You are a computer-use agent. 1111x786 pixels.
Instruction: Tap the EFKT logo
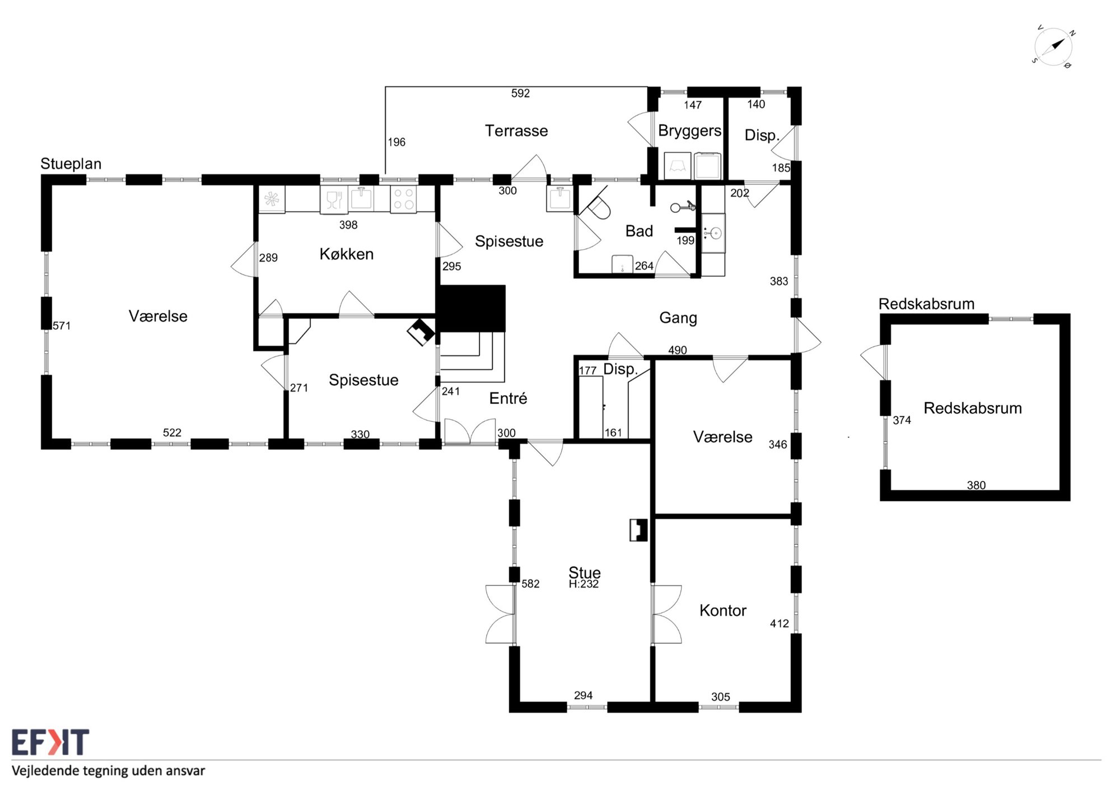pos(50,742)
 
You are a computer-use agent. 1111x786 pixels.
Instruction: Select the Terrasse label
pos(516,131)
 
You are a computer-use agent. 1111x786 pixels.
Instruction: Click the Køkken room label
pos(347,254)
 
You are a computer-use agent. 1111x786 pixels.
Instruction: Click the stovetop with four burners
pos(403,199)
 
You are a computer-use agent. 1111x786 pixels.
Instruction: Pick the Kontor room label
pos(723,610)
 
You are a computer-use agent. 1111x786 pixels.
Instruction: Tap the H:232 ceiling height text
pos(583,584)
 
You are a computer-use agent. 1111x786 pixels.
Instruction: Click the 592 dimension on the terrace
pos(520,94)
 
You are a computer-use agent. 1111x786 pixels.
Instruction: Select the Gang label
pos(678,318)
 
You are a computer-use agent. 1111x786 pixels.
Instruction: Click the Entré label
pos(508,398)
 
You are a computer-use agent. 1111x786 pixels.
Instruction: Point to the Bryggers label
pos(689,131)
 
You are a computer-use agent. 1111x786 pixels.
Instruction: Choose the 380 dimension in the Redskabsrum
pos(976,485)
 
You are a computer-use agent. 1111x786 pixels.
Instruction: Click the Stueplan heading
pos(71,164)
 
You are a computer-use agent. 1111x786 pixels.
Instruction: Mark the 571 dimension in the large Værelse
pos(62,325)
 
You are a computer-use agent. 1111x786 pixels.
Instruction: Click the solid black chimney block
pos(471,308)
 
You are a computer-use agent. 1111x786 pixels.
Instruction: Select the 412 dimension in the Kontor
pos(779,624)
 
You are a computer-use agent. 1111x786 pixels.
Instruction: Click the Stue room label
pos(585,572)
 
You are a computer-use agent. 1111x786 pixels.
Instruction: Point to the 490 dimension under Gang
pos(678,350)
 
